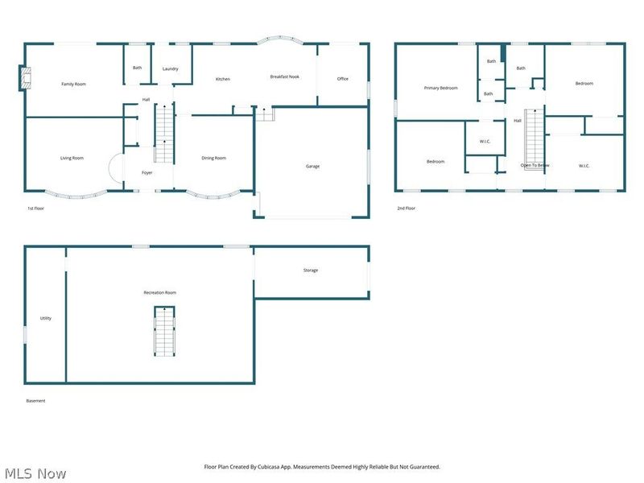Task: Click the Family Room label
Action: tap(74, 84)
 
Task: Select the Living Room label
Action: tap(72, 158)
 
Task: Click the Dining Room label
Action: tap(213, 158)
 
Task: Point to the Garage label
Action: tap(312, 166)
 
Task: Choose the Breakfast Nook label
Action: tap(286, 76)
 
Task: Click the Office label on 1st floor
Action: tap(343, 79)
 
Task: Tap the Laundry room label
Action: tap(170, 69)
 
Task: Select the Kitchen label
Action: tap(223, 79)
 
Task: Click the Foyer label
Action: tap(147, 172)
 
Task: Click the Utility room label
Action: tap(46, 318)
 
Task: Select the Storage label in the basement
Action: tap(311, 270)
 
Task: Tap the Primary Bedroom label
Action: tap(441, 88)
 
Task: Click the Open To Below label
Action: tap(535, 165)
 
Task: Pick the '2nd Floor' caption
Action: tap(407, 208)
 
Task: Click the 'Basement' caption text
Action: tap(36, 401)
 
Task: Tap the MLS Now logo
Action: tap(35, 473)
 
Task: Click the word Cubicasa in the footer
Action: tap(289, 467)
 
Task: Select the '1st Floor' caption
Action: tap(35, 208)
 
